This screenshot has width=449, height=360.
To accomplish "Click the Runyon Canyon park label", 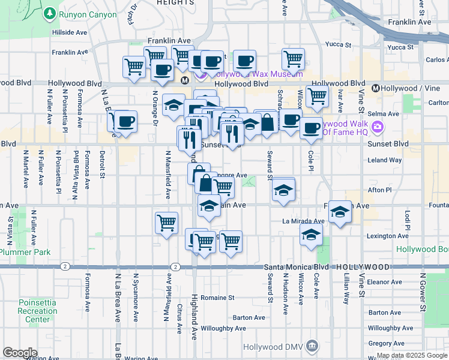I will point(87,14).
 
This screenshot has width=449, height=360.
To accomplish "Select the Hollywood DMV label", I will point(274,347).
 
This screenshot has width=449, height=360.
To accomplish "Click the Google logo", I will point(20,352).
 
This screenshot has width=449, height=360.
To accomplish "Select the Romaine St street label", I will point(217,297).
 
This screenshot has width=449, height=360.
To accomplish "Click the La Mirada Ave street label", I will point(303,221).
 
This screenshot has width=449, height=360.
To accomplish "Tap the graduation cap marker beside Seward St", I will point(284,191).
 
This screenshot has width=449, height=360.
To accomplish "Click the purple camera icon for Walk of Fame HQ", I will point(378,127).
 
